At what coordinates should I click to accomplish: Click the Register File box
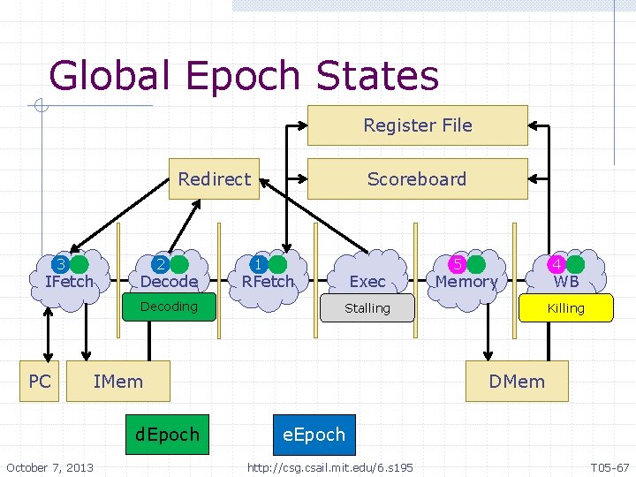coord(417,125)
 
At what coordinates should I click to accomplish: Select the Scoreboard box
coord(417,179)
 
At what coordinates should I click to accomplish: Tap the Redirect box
coord(214,179)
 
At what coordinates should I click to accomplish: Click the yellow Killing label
coord(565,308)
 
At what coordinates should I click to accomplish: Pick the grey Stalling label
coord(367,308)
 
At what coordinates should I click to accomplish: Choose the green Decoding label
coord(169,307)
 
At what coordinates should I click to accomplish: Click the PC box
coord(40,382)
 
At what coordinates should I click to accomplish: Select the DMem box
coord(518,382)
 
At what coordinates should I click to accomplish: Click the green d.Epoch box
coord(168,435)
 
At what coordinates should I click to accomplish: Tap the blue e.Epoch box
coord(314,435)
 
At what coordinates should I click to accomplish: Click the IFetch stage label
coord(69,282)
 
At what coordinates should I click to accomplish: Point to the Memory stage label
coord(466,282)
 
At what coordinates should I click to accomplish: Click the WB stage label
coord(565,282)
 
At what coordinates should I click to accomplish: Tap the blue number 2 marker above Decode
coord(160,264)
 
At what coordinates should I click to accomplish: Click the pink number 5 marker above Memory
coord(458,264)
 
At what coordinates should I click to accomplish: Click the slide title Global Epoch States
coord(244,76)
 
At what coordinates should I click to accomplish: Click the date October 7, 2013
coord(49,466)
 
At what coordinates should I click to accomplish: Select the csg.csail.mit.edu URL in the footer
coord(329,466)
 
